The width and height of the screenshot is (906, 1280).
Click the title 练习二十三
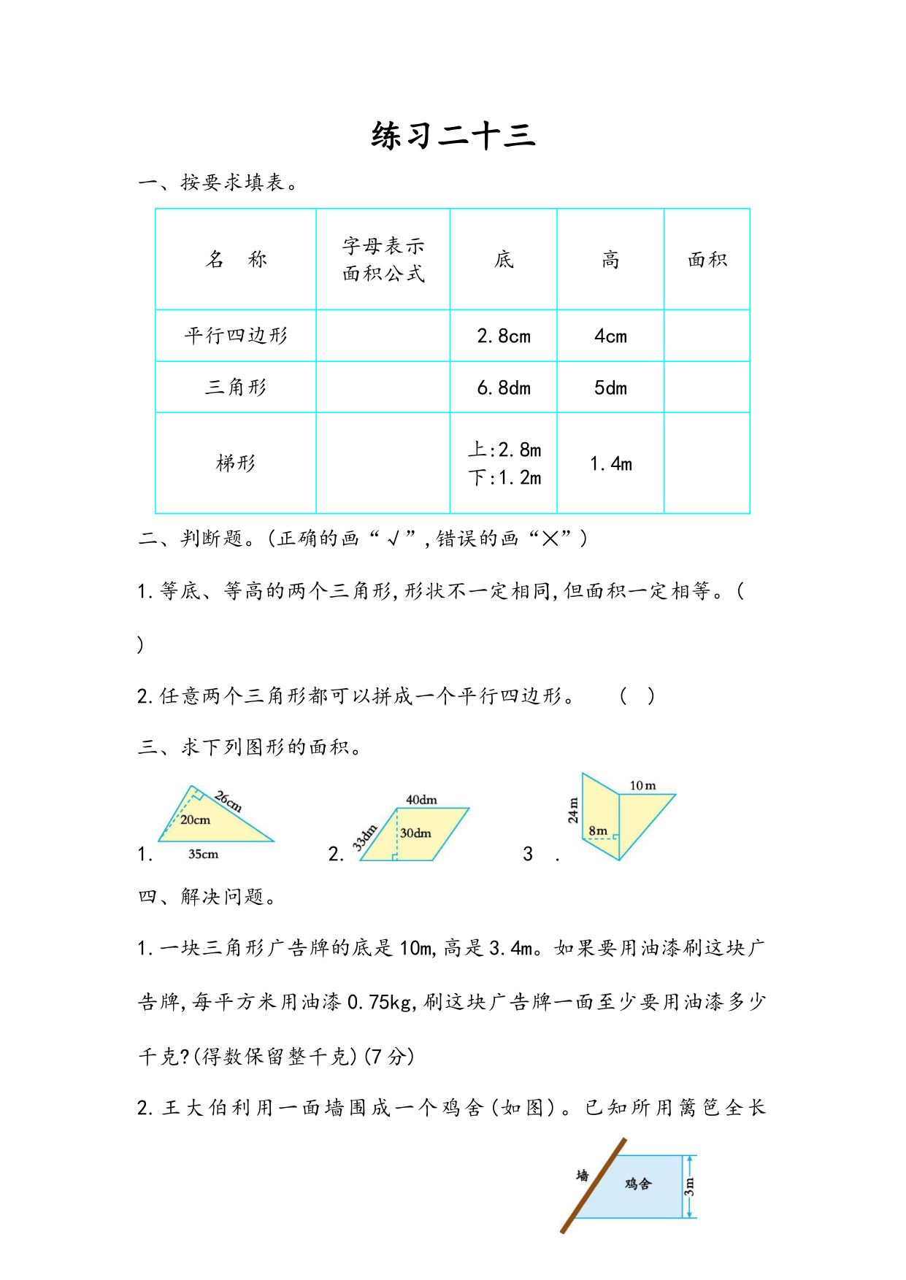pos(453,136)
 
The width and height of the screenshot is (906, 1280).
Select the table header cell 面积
pos(707,260)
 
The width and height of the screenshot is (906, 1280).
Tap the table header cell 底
pos(504,260)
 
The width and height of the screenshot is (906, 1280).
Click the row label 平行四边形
pos(236,336)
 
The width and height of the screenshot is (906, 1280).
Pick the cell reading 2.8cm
pos(504,336)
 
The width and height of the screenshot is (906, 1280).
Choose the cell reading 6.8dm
pos(504,388)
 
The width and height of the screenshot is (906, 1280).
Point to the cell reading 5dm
pos(610,388)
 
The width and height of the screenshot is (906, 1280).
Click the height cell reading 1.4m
pos(610,463)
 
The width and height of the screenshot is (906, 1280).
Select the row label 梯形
pos(236,463)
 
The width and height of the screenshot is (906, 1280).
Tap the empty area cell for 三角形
pos(707,388)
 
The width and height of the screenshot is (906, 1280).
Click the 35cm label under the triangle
pos(203,855)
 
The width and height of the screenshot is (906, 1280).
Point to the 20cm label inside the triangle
pos(195,820)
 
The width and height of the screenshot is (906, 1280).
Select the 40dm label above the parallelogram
pos(421,800)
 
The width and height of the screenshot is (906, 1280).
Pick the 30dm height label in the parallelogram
pos(416,833)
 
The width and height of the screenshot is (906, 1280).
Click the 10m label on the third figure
pos(642,786)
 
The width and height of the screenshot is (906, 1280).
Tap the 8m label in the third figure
pos(598,830)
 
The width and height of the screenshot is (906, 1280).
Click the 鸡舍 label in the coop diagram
pos(637,1184)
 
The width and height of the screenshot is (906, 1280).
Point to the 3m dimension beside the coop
pos(689,1187)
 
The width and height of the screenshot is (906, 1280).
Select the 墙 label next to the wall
pos(583,1176)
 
